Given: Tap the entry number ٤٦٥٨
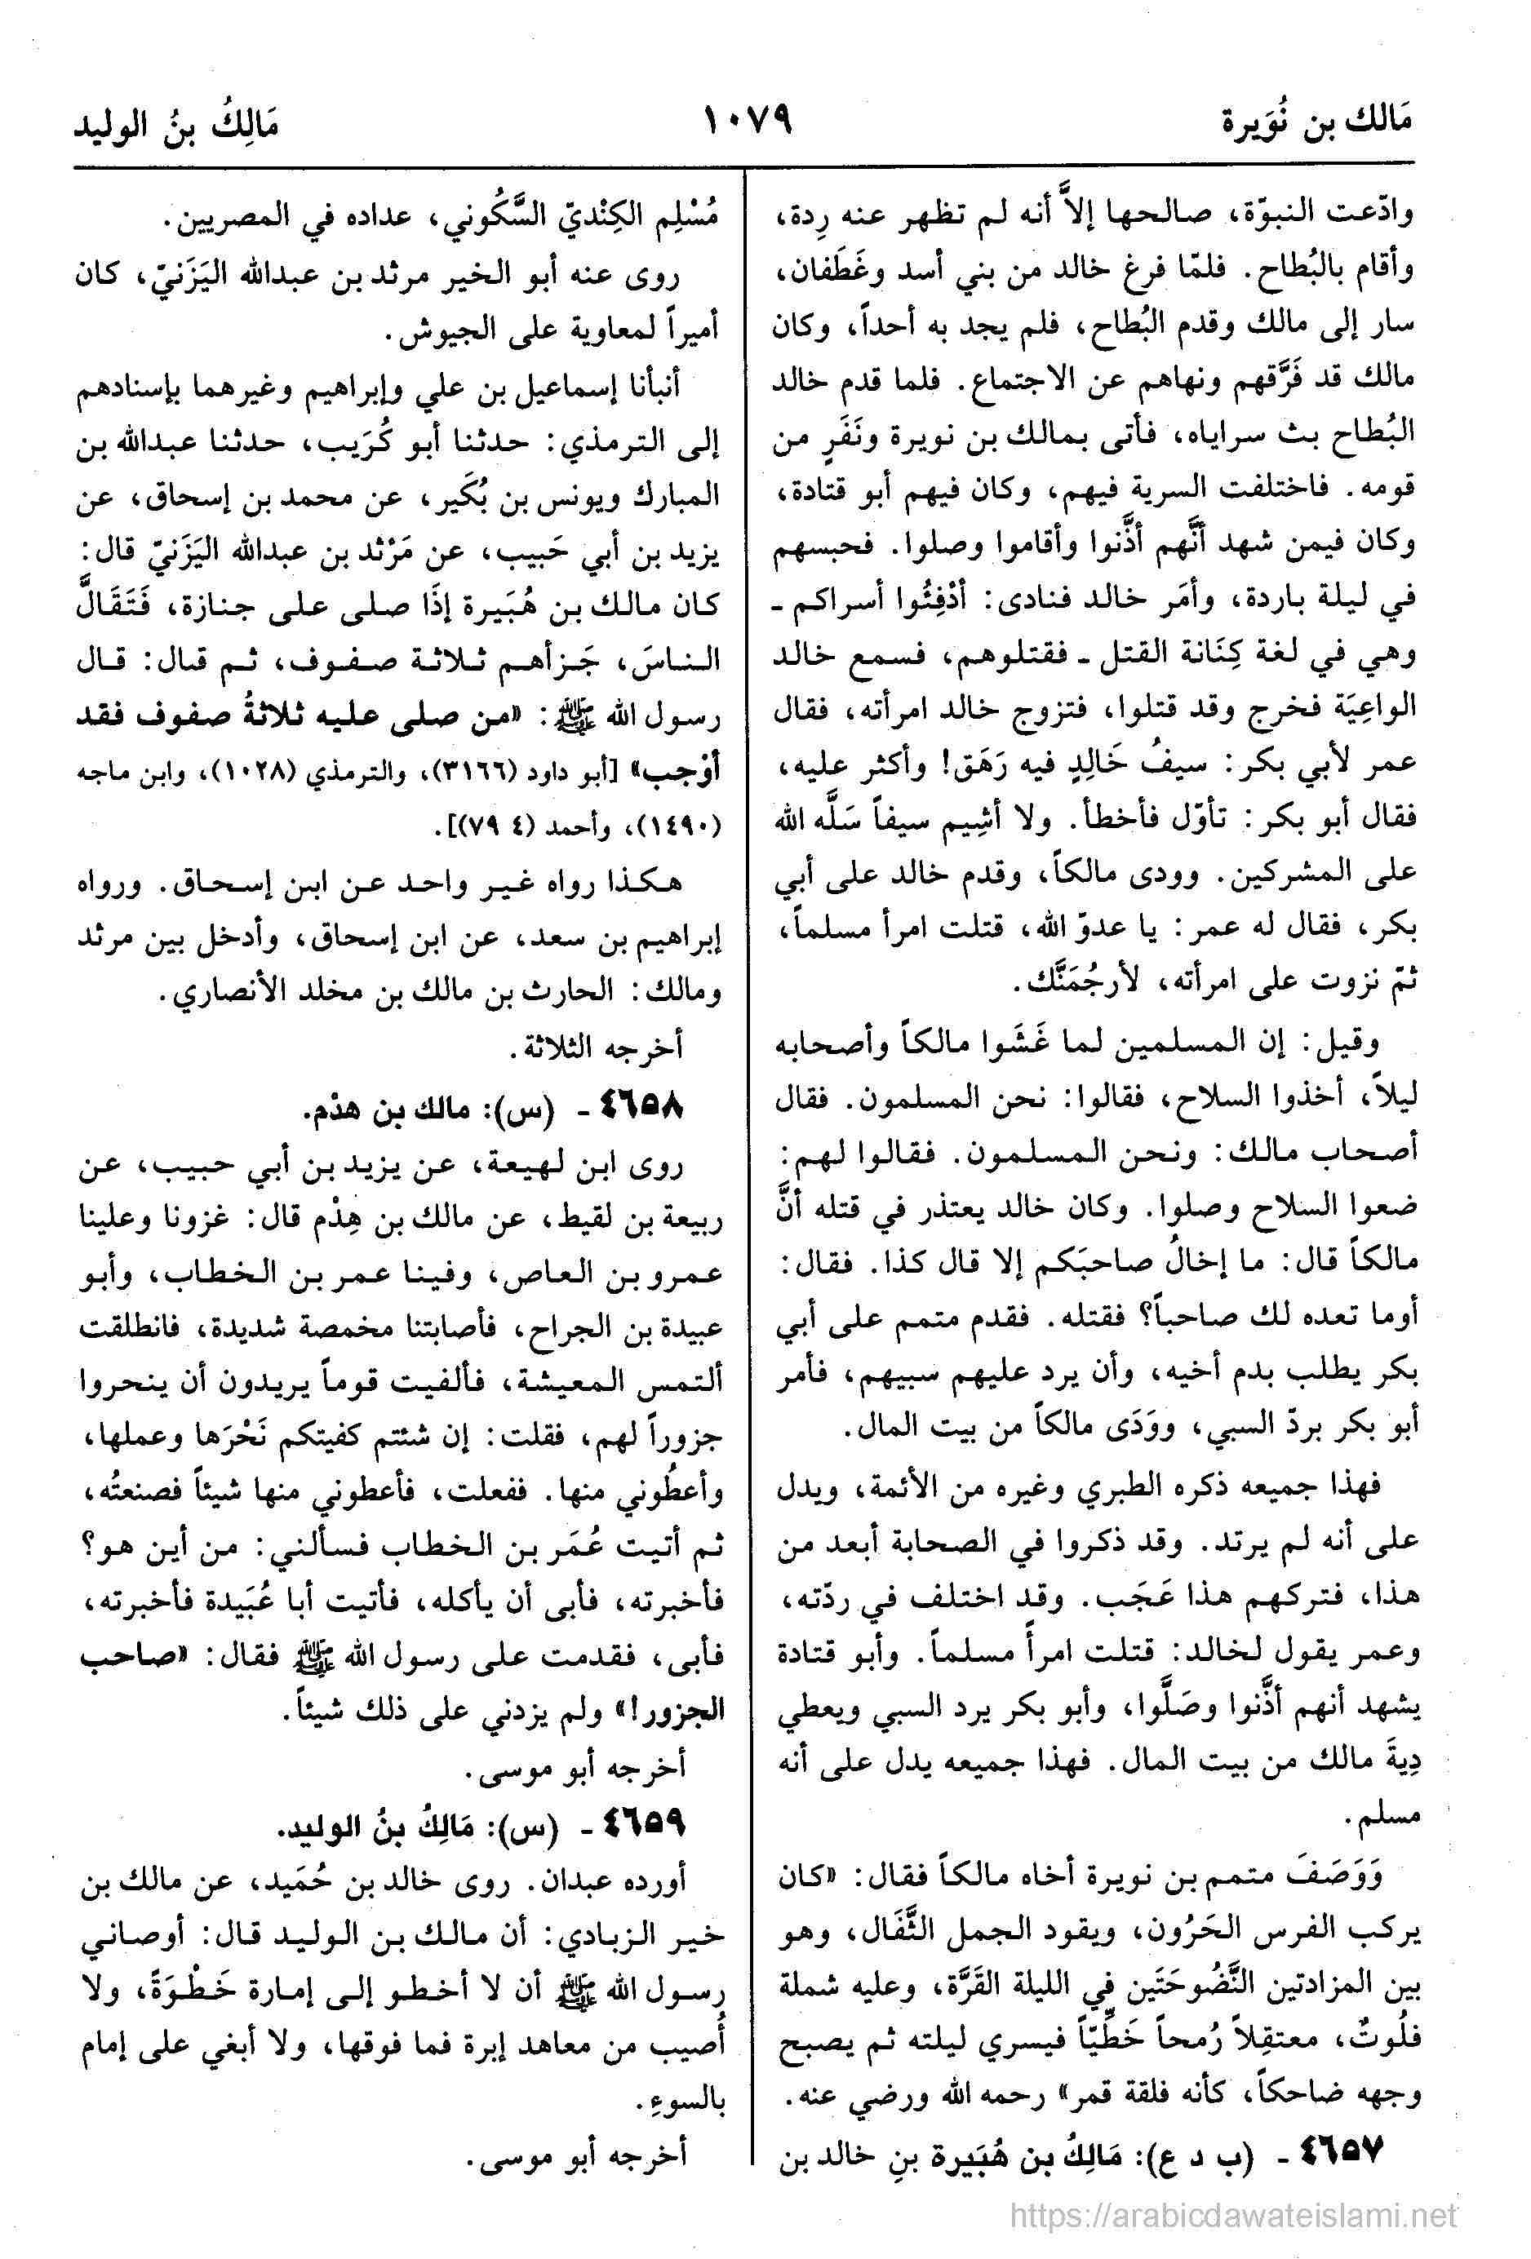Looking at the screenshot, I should pyautogui.click(x=644, y=1107).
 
